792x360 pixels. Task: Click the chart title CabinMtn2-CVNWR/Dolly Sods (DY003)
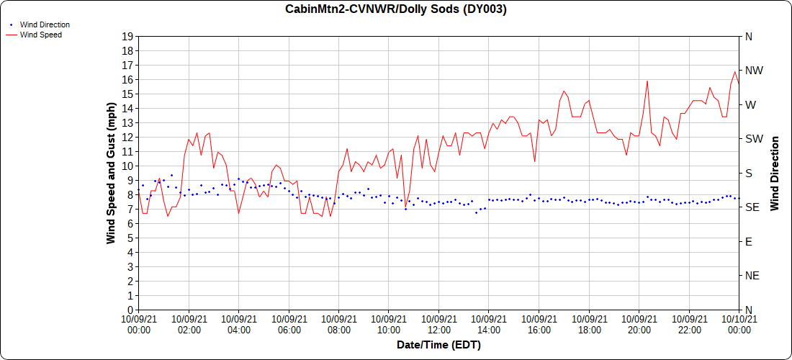(x=396, y=9)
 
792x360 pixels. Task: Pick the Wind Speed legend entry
(x=40, y=34)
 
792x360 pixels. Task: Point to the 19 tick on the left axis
(x=127, y=37)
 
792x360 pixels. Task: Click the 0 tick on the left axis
(x=130, y=310)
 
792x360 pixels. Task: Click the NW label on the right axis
(x=753, y=71)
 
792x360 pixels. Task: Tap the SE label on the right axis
(x=752, y=207)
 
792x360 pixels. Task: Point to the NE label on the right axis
(x=752, y=276)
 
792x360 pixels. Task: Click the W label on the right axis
(x=750, y=105)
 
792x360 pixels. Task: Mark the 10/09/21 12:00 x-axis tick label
(x=438, y=324)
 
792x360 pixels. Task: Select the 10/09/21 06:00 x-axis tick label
(x=289, y=324)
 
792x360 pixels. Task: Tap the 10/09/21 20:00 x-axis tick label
(x=639, y=324)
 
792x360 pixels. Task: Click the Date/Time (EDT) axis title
(x=438, y=345)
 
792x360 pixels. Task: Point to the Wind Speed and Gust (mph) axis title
(x=111, y=173)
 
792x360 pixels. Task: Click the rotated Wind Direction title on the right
(x=775, y=173)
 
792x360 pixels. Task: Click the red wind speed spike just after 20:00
(x=647, y=81)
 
